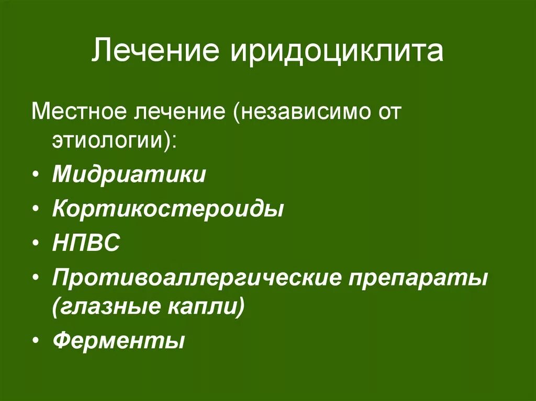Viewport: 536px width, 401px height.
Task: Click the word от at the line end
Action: click(x=384, y=112)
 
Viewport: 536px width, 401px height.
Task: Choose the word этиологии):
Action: click(x=114, y=141)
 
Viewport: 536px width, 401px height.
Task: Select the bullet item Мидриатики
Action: click(x=129, y=174)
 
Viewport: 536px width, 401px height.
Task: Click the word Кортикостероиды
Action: click(x=168, y=209)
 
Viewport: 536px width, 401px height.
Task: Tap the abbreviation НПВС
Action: click(x=86, y=243)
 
